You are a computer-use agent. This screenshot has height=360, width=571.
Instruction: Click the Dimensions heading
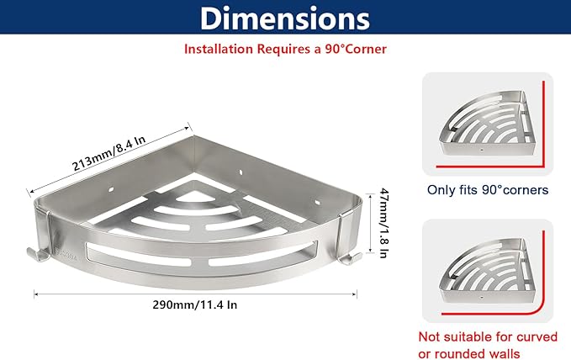point(285,19)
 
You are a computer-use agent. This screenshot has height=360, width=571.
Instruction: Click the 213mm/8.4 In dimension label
point(108,153)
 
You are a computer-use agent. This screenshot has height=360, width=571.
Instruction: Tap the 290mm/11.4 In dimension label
point(195,304)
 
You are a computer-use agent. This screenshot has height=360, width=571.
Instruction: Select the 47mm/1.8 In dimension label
point(383,223)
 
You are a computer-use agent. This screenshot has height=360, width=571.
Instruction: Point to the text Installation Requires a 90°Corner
point(285,49)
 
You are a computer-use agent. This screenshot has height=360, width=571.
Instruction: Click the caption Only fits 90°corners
point(488,190)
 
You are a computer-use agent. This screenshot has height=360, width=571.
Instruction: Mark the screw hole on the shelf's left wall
point(111,189)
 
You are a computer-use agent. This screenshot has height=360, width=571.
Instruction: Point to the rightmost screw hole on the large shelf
point(318,202)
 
